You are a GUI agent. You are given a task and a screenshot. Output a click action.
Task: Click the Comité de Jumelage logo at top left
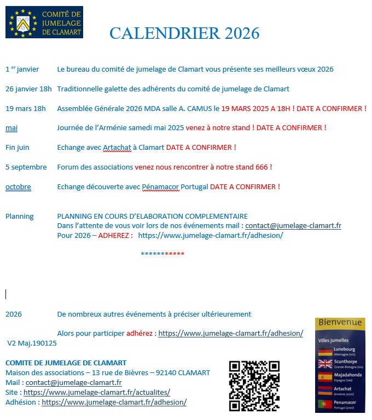[x=44, y=22]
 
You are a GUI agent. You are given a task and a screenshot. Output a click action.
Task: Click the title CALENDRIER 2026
[x=184, y=33]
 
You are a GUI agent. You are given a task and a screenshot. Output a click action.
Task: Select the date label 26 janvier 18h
[x=28, y=89]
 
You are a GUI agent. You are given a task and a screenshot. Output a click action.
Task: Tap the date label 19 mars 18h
[x=26, y=108]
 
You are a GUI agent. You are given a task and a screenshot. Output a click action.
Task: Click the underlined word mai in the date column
[x=11, y=128]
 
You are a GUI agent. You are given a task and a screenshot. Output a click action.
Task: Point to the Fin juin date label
[x=18, y=147]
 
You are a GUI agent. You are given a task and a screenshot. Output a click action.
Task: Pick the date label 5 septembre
[x=26, y=167]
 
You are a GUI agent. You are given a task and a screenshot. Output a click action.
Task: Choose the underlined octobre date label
[x=18, y=186]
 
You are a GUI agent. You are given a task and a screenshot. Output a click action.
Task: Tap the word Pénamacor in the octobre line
[x=160, y=186]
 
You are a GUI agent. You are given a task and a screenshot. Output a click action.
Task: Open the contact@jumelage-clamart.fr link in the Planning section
[x=293, y=225]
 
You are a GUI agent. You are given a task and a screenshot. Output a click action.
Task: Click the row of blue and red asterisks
[x=162, y=254]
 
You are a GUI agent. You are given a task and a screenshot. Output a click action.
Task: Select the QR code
[x=254, y=386]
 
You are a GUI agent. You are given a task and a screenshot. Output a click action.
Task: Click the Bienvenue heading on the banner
[x=340, y=323]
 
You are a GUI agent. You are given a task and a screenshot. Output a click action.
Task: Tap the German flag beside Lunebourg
[x=325, y=351]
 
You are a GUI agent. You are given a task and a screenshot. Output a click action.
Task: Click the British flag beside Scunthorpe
[x=325, y=364]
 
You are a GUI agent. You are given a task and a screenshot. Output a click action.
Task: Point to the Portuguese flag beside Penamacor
[x=325, y=405]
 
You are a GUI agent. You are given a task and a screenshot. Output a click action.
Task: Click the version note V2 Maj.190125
[x=32, y=343]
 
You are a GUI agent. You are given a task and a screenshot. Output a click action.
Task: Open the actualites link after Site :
[x=97, y=392]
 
